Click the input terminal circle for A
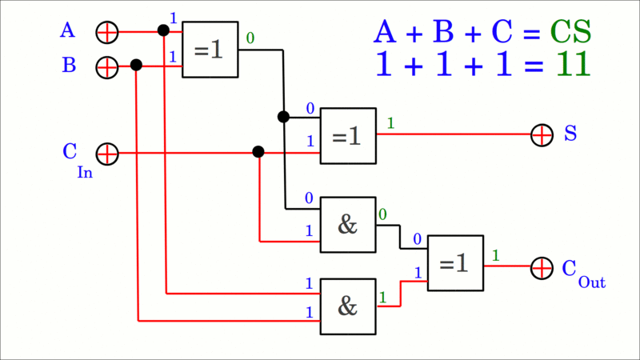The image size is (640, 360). pos(106,32)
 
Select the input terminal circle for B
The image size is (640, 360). pos(106,66)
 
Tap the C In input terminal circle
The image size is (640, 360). pos(106,153)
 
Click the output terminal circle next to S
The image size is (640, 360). pos(542,134)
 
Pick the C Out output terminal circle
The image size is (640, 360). pos(542,267)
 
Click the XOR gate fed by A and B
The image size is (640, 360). pos(210,50)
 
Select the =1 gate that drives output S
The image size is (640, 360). pos(348,136)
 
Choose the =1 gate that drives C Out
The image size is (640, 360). pos(455,263)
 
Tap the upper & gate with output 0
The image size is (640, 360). pos(348,225)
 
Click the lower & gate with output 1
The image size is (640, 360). pos(348,306)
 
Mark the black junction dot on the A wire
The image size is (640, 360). pos(163,30)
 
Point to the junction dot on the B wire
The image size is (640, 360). pos(136,65)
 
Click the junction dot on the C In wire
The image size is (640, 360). pos(258,151)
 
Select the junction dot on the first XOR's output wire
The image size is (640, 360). pos(283,117)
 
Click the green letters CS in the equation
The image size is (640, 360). pos(570,32)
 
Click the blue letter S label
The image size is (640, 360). pos(570,134)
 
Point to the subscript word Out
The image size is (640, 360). pos(591,282)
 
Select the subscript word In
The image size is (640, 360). pos(85,172)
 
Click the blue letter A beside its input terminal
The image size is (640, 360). pos(68,30)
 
